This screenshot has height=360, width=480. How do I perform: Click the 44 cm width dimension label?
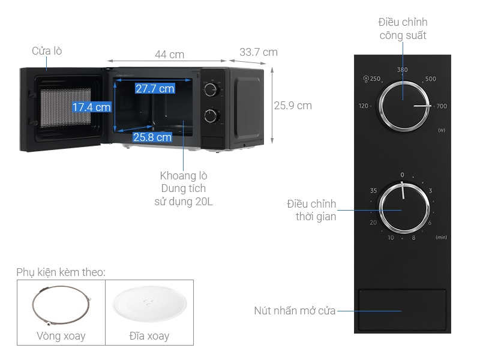(x=169, y=55)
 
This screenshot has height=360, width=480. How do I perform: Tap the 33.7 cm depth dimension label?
(x=258, y=52)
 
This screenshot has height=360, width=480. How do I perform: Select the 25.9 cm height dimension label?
(x=293, y=106)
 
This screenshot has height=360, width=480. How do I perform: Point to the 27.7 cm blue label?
(x=154, y=89)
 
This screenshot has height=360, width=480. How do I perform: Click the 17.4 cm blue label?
(x=91, y=107)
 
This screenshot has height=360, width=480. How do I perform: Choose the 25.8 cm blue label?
(x=152, y=137)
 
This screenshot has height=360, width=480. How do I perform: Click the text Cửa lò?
(x=47, y=51)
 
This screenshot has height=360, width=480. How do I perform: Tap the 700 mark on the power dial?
(x=442, y=106)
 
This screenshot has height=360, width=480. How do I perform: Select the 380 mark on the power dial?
(x=402, y=70)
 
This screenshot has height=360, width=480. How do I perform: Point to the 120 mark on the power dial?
(x=364, y=106)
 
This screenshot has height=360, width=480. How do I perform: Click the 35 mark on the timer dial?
(x=373, y=191)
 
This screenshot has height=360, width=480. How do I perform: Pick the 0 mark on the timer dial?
(x=402, y=175)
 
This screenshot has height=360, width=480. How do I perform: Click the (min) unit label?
(x=441, y=238)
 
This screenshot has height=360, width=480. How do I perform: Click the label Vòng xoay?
(x=61, y=336)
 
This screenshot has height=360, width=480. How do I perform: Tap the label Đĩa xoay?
(x=149, y=336)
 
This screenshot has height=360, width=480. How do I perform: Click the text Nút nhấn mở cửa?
(x=295, y=311)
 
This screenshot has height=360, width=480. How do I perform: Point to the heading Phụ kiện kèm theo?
(x=61, y=272)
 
